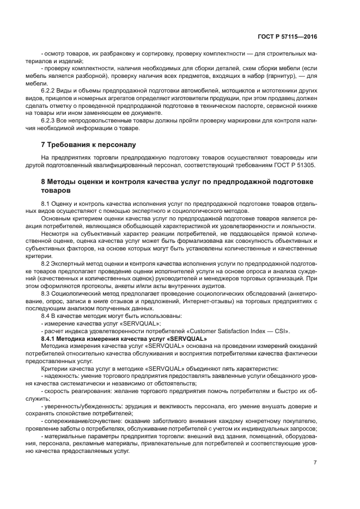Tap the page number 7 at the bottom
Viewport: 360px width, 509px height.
[x=315, y=463]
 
